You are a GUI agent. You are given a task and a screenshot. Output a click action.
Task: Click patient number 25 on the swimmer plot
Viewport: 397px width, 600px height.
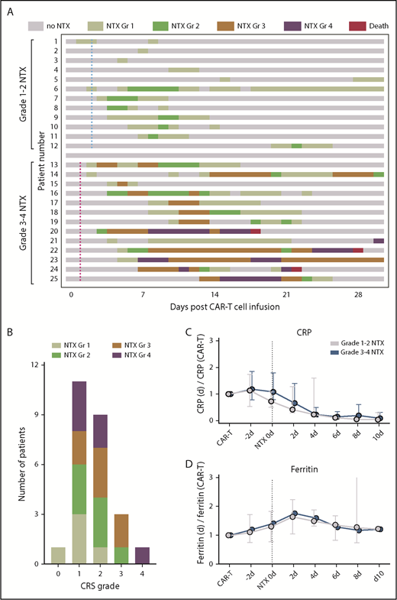53,278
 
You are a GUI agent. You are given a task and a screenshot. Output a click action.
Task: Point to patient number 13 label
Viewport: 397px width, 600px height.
53,164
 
